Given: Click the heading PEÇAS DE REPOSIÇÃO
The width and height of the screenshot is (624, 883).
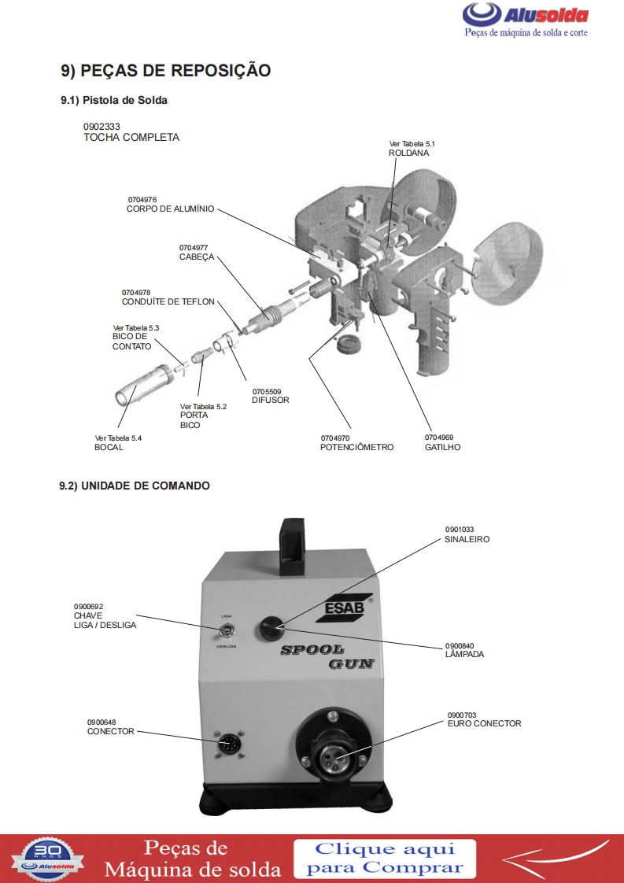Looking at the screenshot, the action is coord(166,71).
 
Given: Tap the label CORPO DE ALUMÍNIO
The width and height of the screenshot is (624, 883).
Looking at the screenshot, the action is coord(170,209).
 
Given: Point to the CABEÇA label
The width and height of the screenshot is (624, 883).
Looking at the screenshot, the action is coord(197,257).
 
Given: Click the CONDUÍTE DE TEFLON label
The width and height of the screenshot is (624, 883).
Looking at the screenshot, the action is coord(168,302).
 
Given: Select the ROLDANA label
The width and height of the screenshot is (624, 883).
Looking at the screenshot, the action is coord(408,153).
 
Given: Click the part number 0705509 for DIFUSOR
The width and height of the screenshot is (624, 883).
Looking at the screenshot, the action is coord(267,391).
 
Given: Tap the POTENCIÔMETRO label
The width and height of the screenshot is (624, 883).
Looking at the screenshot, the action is coord(356,447).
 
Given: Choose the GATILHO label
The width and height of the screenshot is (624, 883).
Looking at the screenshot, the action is coord(442,447).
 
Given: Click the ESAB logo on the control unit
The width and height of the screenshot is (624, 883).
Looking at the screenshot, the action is coord(343,611).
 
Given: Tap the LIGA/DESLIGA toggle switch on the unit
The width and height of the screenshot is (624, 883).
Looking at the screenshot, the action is coord(226,630).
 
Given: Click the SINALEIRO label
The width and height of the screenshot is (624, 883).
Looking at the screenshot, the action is coord(467,540).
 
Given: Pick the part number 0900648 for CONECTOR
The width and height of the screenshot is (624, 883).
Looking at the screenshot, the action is coord(101,722).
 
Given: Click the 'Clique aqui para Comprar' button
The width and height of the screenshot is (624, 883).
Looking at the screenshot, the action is coord(385,859).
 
